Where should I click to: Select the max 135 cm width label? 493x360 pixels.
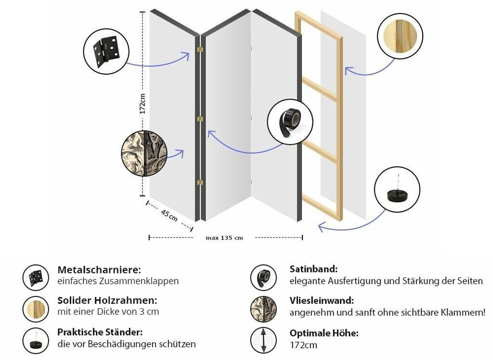pyautogui.click(x=224, y=238)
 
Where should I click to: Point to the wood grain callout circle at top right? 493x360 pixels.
pyautogui.click(x=400, y=36)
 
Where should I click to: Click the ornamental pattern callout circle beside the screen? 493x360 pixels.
pyautogui.click(x=144, y=153)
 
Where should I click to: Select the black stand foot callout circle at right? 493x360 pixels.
pyautogui.click(x=397, y=189)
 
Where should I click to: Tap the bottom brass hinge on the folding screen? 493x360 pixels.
pyautogui.click(x=200, y=182)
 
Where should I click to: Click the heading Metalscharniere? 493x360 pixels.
pyautogui.click(x=99, y=270)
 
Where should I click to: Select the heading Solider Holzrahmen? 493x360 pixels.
pyautogui.click(x=107, y=300)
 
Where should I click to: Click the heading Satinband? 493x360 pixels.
pyautogui.click(x=313, y=269)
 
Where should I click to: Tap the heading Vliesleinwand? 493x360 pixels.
pyautogui.click(x=322, y=300)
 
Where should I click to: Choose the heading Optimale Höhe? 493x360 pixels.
pyautogui.click(x=324, y=333)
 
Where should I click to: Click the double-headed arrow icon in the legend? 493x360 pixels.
pyautogui.click(x=263, y=340)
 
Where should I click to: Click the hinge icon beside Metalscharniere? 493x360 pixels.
pyautogui.click(x=36, y=278)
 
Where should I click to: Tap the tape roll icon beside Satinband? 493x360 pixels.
pyautogui.click(x=263, y=278)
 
